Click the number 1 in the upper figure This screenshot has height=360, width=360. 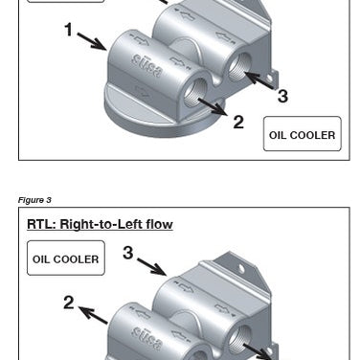coord(69,31)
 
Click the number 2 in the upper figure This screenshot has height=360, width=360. coord(237,122)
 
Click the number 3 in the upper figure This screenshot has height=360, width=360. coord(282,96)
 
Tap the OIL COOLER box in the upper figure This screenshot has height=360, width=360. coord(302,135)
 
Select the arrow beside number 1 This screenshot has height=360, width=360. coord(92,41)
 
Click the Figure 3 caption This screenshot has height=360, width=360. coord(34,200)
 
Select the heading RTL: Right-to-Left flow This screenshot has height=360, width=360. coord(100,225)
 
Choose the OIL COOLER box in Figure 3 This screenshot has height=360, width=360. coord(65,259)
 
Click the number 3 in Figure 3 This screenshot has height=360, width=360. coord(126,253)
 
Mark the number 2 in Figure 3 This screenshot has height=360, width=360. coord(69,303)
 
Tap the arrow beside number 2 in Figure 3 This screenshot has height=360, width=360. coord(92,313)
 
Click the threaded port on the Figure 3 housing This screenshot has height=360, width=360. coord(241,336)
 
